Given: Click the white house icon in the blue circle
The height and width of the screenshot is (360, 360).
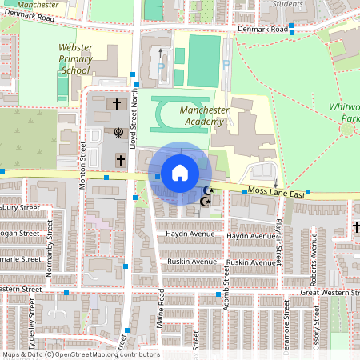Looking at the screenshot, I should [x=180, y=172].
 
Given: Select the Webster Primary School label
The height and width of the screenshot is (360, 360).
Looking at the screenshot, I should [x=75, y=59].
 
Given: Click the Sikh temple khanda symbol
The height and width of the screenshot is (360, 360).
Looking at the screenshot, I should [x=119, y=132].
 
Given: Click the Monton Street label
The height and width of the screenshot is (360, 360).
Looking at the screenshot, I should [x=82, y=164].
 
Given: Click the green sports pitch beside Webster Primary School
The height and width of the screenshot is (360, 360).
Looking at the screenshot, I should [x=62, y=83].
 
